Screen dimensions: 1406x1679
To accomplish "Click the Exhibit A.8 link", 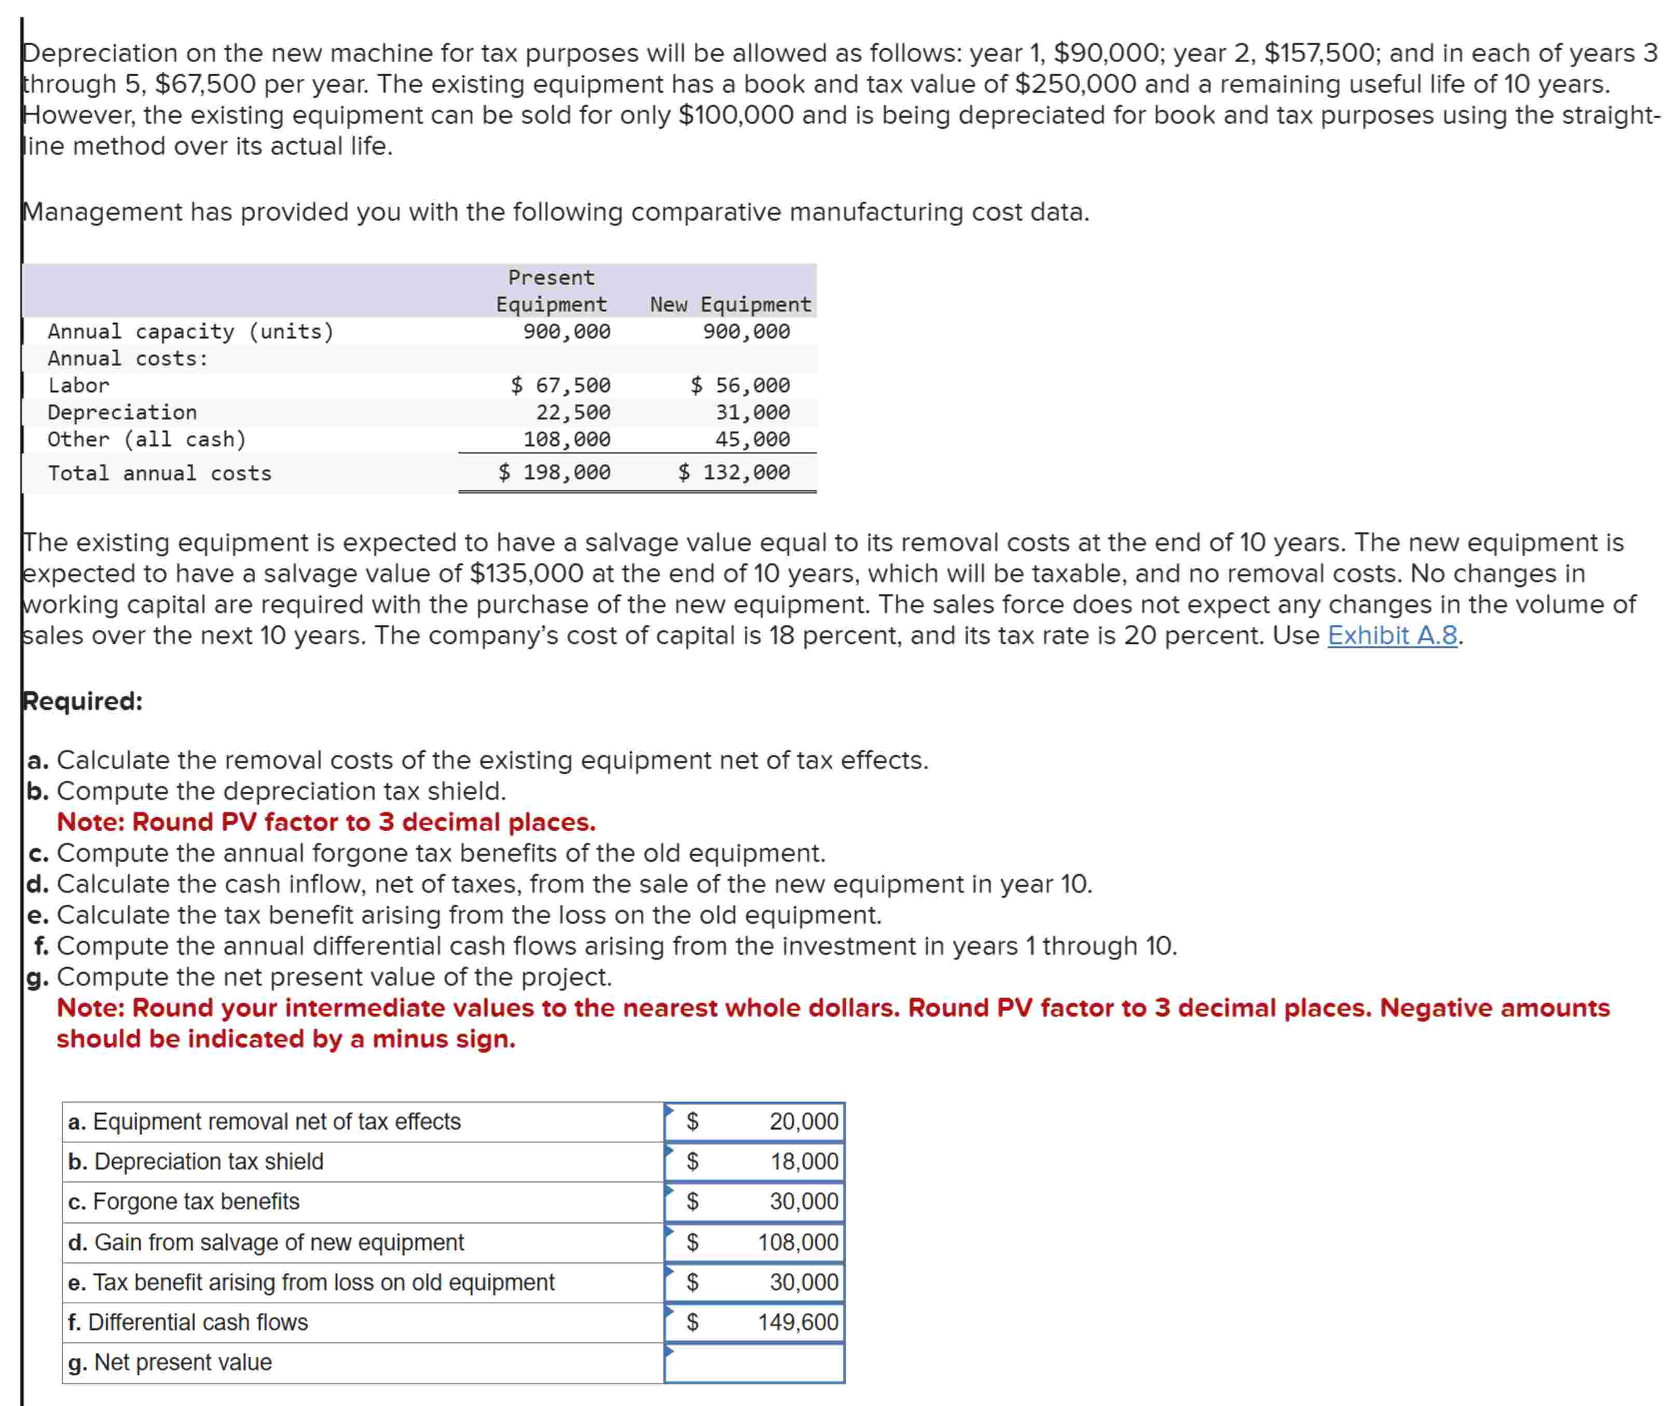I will (1392, 636).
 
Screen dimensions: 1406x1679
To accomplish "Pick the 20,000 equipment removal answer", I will (803, 1122).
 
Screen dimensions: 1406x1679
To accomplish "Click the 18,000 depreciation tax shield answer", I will (804, 1162).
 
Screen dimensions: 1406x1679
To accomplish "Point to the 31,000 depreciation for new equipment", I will (752, 412).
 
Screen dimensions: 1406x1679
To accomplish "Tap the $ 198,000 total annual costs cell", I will (554, 473).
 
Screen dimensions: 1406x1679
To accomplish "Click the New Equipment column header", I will (730, 305).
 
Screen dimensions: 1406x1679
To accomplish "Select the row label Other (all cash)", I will (147, 439).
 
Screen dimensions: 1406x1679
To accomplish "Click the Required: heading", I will (82, 701).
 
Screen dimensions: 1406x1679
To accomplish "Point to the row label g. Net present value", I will (170, 1362).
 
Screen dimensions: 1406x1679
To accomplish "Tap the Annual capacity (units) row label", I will (190, 332).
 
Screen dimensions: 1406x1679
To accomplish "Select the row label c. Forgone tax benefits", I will (184, 1202).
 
